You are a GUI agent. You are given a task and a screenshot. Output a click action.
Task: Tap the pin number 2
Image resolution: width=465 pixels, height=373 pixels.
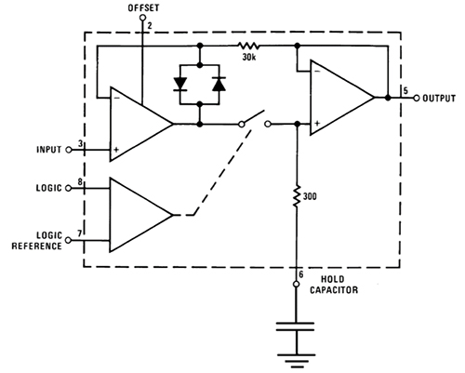pyautogui.click(x=149, y=26)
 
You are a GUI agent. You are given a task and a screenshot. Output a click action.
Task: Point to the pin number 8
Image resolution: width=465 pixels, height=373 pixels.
pyautogui.click(x=81, y=183)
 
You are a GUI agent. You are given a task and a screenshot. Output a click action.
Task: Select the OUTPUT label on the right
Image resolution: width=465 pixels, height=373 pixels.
pyautogui.click(x=440, y=97)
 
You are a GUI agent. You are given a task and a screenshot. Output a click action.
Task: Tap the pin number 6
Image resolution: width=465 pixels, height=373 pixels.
pyautogui.click(x=299, y=275)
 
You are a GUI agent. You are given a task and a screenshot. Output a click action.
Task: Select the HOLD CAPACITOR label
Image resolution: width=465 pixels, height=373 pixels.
pyautogui.click(x=341, y=283)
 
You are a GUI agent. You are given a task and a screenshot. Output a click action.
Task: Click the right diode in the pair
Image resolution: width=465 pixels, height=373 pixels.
pyautogui.click(x=219, y=85)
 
